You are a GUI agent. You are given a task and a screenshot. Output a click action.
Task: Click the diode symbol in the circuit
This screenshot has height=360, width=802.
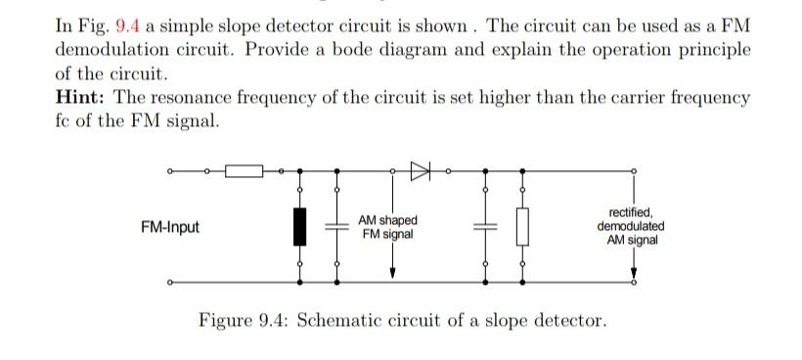(421, 171)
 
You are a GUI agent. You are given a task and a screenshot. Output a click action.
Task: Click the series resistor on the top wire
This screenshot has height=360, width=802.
(245, 171)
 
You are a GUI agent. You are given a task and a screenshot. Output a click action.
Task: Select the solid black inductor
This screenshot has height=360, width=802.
(300, 227)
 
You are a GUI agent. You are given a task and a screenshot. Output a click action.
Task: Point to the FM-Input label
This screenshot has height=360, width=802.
(170, 228)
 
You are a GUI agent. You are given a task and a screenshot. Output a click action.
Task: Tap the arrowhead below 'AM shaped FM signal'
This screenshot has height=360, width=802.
(392, 273)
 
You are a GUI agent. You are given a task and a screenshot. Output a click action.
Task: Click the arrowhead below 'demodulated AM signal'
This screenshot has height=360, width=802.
(635, 273)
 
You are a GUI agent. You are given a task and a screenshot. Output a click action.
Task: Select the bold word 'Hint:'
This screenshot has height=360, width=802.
(77, 99)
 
